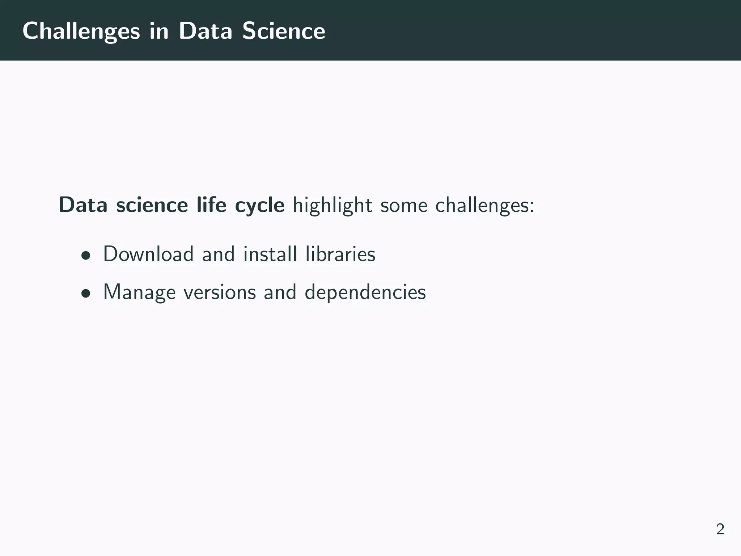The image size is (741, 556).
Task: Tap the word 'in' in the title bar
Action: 159,31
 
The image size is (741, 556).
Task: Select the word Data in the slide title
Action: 205,31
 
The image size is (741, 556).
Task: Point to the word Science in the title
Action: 284,31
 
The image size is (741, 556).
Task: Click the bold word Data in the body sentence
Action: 83,205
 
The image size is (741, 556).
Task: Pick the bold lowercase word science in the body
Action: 152,205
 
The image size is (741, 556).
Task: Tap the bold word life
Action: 211,205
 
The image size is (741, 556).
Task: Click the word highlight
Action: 332,206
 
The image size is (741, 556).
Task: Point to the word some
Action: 403,206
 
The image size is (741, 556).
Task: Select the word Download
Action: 148,254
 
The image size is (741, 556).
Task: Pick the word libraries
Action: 340,254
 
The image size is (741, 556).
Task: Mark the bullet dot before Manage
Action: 85,294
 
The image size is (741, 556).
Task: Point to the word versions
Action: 220,292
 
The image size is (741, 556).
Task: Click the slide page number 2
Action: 720,529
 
